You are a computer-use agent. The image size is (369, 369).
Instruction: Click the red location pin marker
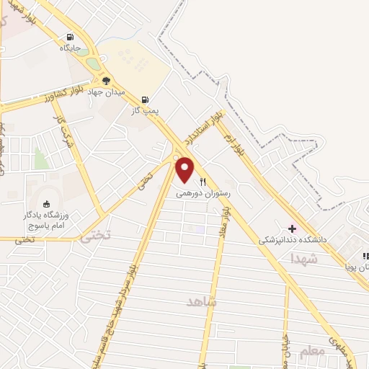185,169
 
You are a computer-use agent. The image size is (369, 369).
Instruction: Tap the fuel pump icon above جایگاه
70,37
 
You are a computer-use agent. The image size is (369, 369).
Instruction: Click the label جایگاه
71,49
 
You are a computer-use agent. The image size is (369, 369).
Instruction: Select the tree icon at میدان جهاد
107,81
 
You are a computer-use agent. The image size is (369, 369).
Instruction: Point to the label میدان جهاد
107,92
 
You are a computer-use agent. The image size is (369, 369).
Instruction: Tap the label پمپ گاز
144,111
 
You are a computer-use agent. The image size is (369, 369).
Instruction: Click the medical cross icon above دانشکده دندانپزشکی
292,228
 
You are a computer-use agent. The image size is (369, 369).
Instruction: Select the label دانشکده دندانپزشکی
293,239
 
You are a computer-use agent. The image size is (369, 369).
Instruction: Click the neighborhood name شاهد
201,302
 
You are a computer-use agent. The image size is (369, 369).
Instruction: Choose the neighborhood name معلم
311,352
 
